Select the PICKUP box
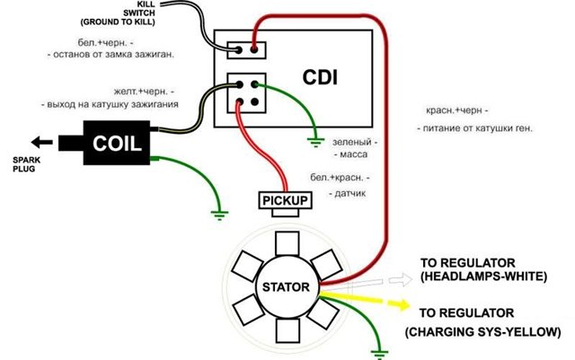point(284,200)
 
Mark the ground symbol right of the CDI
point(316,138)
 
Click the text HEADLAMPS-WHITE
point(483,277)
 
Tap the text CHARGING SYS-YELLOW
point(483,332)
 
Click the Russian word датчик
point(349,194)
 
